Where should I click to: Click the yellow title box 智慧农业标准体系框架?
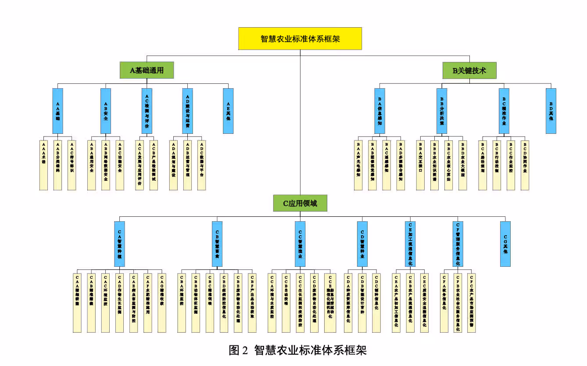point(300,39)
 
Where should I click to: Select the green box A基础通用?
point(147,70)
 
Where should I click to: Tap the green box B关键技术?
point(469,70)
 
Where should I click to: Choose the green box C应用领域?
point(300,203)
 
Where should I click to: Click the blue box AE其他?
point(228,111)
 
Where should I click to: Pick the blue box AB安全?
point(105,111)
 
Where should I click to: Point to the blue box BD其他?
point(551,111)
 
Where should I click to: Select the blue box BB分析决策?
point(441,111)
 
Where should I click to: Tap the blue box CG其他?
point(505,244)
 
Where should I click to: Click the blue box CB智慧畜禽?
point(217,244)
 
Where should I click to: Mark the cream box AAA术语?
point(43,165)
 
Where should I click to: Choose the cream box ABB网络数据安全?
point(105,165)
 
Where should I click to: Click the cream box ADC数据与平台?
point(201,165)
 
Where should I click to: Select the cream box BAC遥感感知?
point(386,165)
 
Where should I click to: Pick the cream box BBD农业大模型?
point(462,165)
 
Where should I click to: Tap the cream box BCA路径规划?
point(483,165)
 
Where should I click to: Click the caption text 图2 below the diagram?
point(239,350)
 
